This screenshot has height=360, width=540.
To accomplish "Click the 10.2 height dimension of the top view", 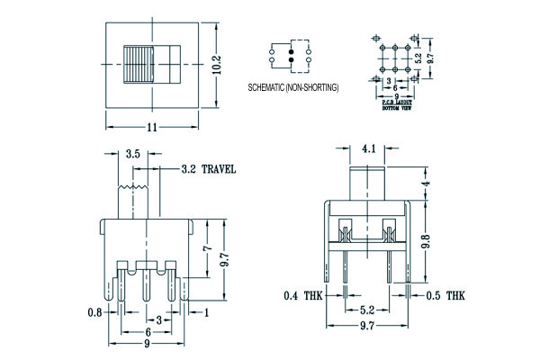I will tap(217, 66).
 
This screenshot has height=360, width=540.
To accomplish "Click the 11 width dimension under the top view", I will tap(151, 127).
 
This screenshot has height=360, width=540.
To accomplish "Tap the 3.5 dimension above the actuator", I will tap(133, 154).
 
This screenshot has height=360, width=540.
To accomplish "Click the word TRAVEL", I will tap(219, 168).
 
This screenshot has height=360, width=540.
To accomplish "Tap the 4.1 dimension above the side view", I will tap(370, 147).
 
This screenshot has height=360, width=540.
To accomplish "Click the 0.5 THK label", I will tap(445, 295).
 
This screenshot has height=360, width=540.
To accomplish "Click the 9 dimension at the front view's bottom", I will tap(148, 343).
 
